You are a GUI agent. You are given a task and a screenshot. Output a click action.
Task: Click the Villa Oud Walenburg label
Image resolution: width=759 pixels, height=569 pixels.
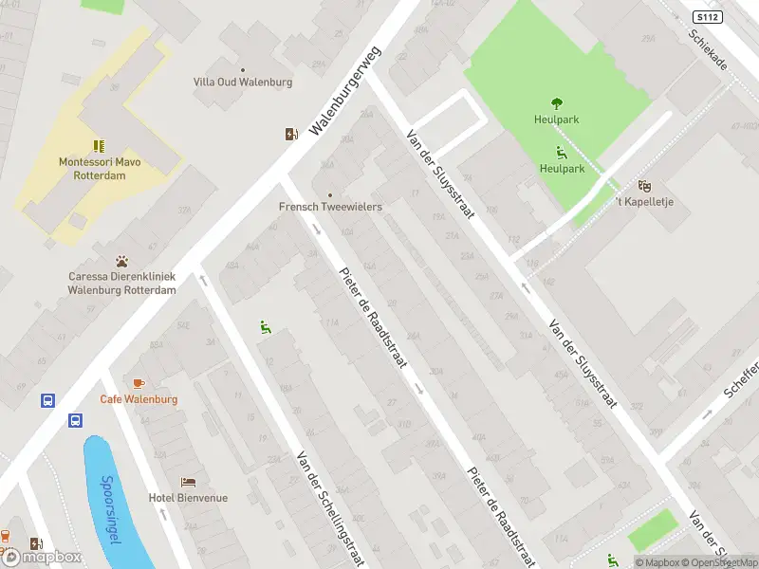coord(243,83)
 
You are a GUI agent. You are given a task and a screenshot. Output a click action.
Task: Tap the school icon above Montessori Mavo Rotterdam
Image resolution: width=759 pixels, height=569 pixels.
coord(99,145)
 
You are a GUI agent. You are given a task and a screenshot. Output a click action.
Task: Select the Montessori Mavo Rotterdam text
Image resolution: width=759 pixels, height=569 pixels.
coord(100,168)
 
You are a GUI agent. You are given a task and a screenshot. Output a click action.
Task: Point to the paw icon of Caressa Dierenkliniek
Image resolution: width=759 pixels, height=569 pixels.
coord(122,261)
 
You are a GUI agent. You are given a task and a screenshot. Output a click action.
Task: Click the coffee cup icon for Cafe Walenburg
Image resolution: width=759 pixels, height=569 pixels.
coord(139,383)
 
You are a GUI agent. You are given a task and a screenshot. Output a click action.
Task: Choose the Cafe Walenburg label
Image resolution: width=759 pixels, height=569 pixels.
coord(139,399)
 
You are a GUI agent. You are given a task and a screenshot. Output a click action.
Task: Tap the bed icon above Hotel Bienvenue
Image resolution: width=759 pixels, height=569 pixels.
coord(188,482)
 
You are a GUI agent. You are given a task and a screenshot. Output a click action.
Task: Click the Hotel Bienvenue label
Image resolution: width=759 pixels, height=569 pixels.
coord(188,498)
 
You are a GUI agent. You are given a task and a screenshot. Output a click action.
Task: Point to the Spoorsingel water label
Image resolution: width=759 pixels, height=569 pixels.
coord(111,509)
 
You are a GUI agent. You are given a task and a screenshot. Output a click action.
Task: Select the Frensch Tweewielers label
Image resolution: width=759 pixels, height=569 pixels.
coord(330,206)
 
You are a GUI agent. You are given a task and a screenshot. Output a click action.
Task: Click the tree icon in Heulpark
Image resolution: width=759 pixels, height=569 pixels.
coord(557,103)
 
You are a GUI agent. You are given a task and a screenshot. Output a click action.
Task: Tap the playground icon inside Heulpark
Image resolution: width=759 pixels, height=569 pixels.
coord(561,153)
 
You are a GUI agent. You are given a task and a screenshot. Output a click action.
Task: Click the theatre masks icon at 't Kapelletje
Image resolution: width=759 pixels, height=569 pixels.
coord(644,186)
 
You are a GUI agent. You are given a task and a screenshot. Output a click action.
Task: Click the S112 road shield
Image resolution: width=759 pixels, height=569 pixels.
coord(706,17)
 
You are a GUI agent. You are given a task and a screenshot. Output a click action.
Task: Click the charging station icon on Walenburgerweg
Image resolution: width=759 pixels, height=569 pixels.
coord(291,135)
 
